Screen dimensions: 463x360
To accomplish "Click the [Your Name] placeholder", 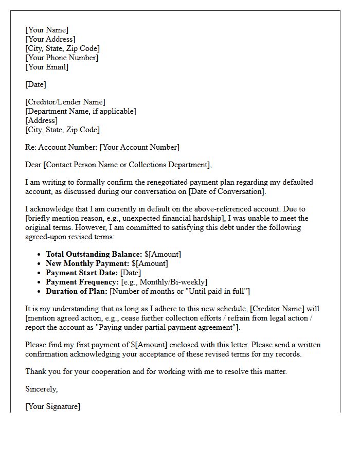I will (x=47, y=30).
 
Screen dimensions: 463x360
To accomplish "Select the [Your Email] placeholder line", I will (x=47, y=67).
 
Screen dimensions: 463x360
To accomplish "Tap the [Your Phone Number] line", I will (x=62, y=58).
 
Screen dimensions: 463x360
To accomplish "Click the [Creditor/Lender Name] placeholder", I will (x=65, y=102).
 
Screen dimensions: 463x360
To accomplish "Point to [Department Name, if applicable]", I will (x=81, y=111).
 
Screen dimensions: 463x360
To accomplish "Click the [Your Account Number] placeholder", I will (x=139, y=147).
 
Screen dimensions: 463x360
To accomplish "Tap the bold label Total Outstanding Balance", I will (x=94, y=254).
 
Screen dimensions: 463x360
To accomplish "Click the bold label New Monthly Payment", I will (x=87, y=263).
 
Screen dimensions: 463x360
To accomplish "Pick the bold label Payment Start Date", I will (x=82, y=273).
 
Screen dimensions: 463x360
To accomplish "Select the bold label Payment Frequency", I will (x=82, y=282).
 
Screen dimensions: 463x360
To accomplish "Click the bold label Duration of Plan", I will (x=77, y=291).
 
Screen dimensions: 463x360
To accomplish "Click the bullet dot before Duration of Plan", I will (x=40, y=292).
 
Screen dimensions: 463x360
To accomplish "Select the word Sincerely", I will (x=42, y=389).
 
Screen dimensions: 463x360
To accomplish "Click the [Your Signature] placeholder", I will (x=52, y=406).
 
